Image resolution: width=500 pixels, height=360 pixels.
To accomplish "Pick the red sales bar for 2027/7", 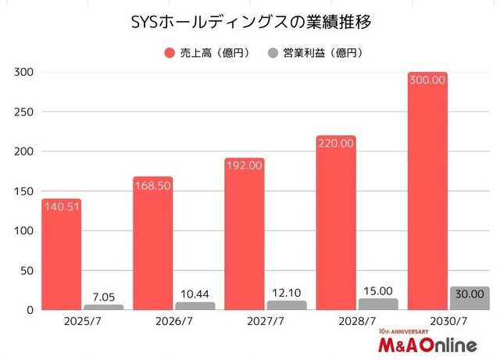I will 245,234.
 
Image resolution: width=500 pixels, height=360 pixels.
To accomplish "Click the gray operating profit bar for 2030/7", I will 470,298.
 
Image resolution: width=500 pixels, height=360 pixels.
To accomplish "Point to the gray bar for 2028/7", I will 377,304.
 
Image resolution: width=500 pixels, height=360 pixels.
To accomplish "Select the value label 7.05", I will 103,296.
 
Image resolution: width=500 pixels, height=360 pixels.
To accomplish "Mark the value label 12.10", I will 286,292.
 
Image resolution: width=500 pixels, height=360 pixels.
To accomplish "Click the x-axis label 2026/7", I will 153,322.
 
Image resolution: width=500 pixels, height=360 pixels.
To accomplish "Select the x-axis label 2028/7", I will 336,322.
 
